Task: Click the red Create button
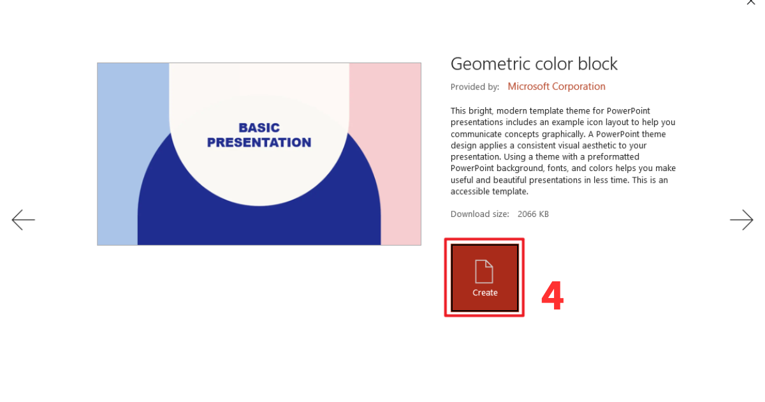pyautogui.click(x=484, y=278)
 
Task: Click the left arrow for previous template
pyautogui.click(x=23, y=220)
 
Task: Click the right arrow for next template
pyautogui.click(x=741, y=220)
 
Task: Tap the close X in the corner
pyautogui.click(x=750, y=2)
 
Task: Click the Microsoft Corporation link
pyautogui.click(x=557, y=86)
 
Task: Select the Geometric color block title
pyautogui.click(x=534, y=64)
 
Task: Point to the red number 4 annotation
pyautogui.click(x=552, y=297)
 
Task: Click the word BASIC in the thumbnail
pyautogui.click(x=259, y=128)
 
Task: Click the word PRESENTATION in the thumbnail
pyautogui.click(x=259, y=142)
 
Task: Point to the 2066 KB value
pyautogui.click(x=533, y=214)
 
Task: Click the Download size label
pyautogui.click(x=479, y=214)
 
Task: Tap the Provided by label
pyautogui.click(x=474, y=87)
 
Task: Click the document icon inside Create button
pyautogui.click(x=484, y=271)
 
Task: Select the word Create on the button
pyautogui.click(x=484, y=293)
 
